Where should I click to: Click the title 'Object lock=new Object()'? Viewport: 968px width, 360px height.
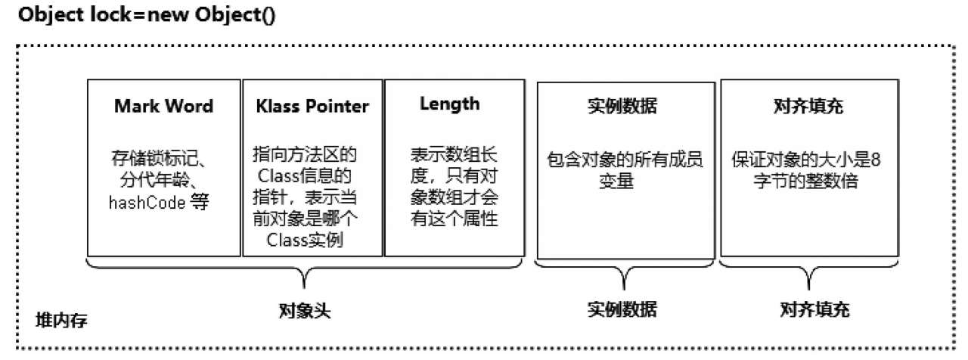tap(147, 15)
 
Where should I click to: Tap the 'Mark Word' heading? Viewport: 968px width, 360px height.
tap(164, 106)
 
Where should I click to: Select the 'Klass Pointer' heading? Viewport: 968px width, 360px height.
tap(312, 106)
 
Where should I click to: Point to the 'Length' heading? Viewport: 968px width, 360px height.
tap(449, 104)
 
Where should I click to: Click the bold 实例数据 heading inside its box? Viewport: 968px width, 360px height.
tap(622, 106)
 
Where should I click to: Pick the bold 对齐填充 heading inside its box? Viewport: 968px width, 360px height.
tap(808, 106)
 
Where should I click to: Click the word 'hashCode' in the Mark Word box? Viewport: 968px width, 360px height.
tap(147, 202)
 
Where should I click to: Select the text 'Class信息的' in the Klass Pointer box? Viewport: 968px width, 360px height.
tap(304, 176)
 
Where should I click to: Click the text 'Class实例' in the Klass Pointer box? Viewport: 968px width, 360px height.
tap(305, 240)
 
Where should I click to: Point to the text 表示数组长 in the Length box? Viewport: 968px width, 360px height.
tap(454, 154)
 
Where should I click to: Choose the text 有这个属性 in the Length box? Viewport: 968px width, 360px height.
tap(454, 219)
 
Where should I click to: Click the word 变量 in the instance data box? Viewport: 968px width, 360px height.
tap(616, 181)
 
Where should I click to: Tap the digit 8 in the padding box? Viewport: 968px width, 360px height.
tap(876, 160)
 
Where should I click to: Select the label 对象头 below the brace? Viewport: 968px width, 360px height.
tap(305, 310)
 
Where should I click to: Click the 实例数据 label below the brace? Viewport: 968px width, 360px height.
tap(622, 309)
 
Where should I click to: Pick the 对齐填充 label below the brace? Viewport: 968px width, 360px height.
tap(814, 309)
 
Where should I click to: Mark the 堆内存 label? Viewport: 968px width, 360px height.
tap(61, 320)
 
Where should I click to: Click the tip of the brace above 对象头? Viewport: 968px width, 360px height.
tap(304, 288)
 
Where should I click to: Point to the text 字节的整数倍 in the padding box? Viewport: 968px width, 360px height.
tap(806, 181)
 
